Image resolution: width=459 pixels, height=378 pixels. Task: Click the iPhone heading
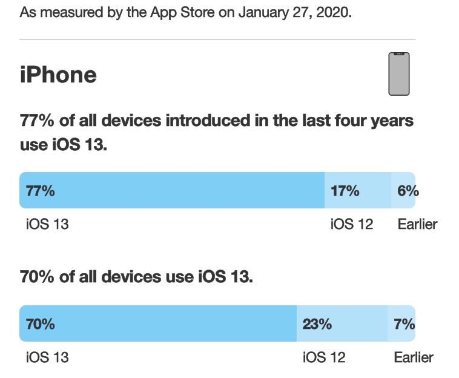tap(58, 75)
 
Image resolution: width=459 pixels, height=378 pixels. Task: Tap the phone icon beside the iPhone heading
tap(398, 73)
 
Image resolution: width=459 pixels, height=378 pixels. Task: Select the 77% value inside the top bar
tap(40, 191)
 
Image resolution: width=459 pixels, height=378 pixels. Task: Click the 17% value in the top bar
tap(345, 191)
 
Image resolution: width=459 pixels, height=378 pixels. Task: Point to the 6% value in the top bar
tap(408, 191)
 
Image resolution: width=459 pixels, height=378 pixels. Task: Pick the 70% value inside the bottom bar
tap(40, 323)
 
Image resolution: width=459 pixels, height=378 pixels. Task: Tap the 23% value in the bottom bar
tap(317, 323)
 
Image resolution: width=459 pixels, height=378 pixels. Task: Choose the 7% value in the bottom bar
tap(405, 323)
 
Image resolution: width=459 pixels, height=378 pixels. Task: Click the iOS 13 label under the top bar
tap(47, 224)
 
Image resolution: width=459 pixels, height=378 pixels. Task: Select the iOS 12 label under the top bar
tap(352, 224)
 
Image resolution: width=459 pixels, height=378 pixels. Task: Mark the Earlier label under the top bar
tap(417, 224)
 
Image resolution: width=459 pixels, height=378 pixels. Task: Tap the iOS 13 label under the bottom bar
tap(47, 357)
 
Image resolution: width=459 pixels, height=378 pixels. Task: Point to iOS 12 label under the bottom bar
tap(324, 357)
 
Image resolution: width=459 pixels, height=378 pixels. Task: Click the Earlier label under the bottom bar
tap(414, 357)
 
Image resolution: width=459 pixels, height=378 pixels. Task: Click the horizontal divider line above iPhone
tap(217, 39)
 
